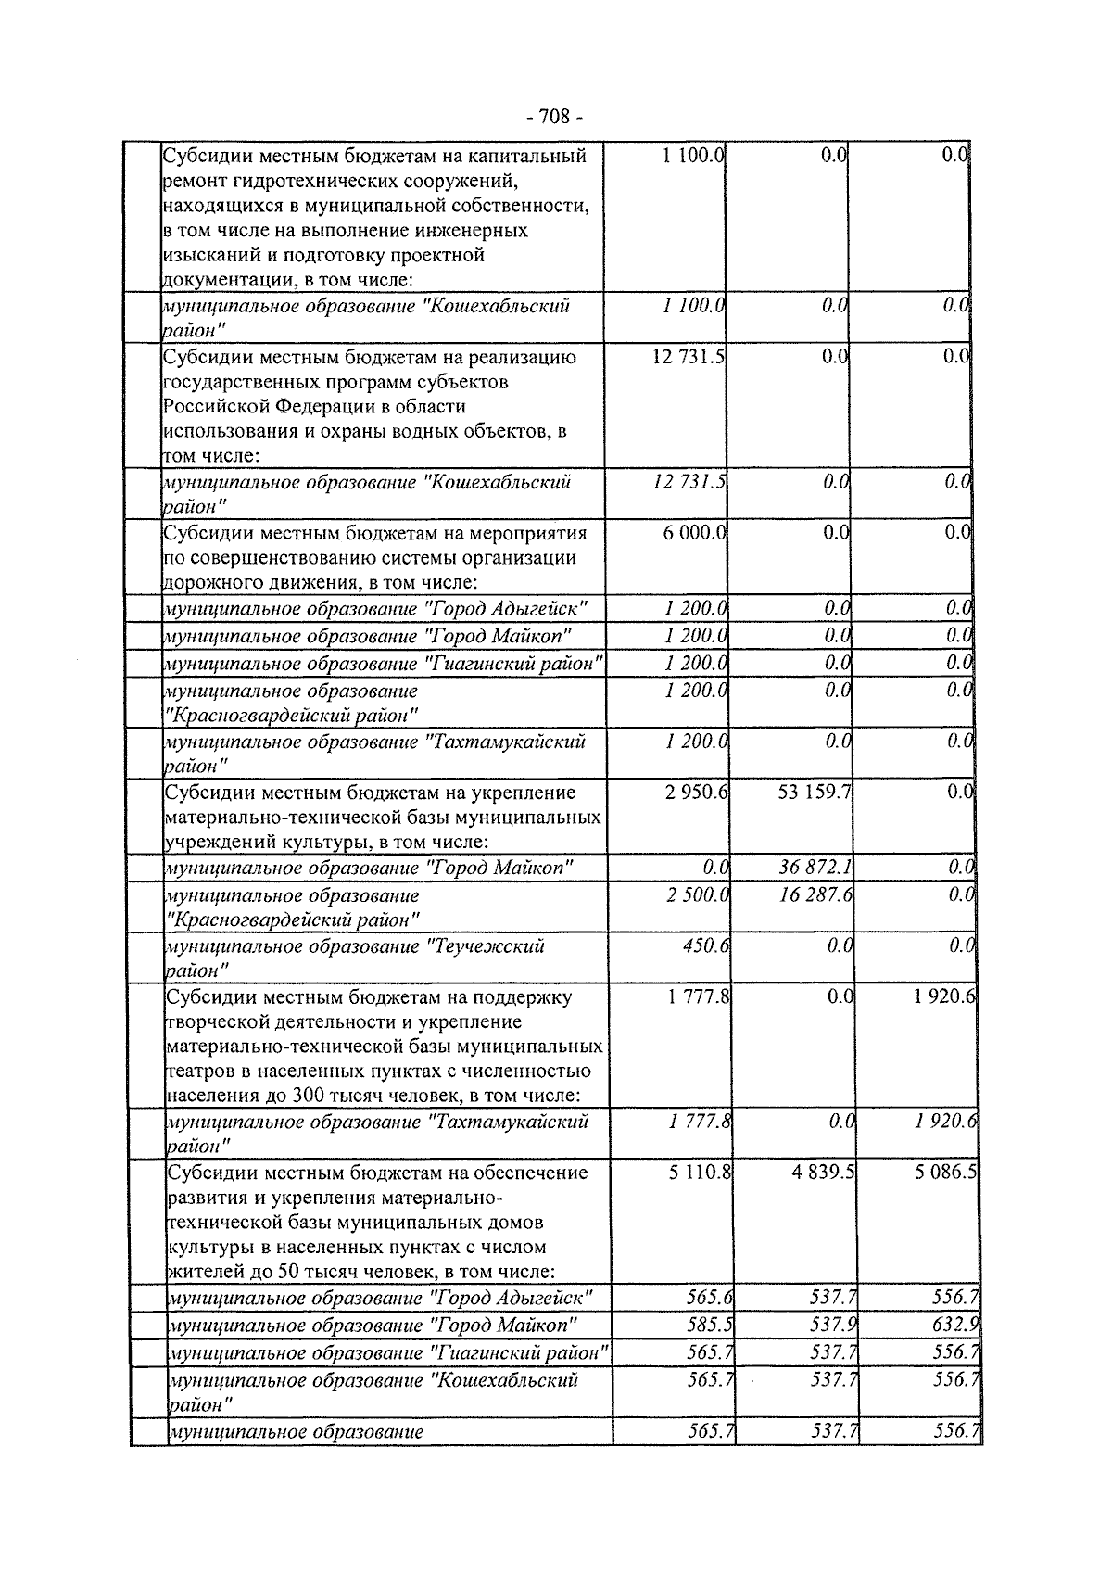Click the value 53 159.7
[813, 793]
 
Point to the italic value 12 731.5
[689, 482]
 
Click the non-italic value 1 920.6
[941, 997]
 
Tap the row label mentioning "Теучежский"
[355, 958]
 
